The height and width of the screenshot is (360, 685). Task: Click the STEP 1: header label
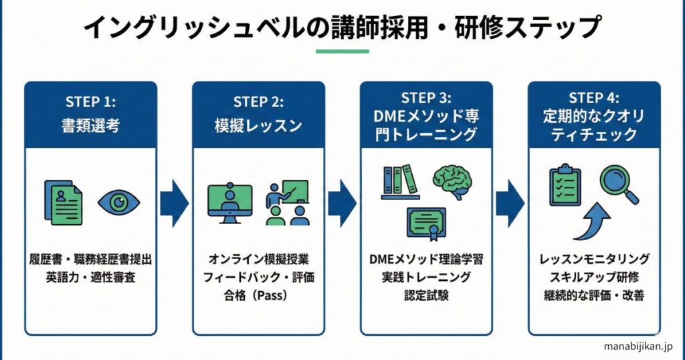(91, 102)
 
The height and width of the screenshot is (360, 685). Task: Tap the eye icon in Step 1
(118, 202)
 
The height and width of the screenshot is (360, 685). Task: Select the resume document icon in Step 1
(64, 201)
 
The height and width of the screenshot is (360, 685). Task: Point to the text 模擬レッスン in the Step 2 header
(259, 125)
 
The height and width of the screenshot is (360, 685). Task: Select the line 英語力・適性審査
(91, 276)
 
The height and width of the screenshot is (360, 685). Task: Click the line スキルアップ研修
(594, 276)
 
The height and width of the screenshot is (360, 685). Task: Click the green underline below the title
(342, 52)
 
